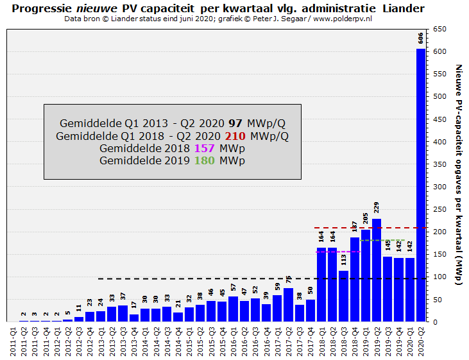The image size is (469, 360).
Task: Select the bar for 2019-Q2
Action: tap(377, 270)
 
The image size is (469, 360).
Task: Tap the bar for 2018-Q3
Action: tap(344, 295)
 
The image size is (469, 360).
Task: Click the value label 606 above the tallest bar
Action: tap(421, 37)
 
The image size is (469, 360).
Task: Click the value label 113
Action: tap(344, 260)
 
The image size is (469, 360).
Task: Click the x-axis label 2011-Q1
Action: tap(13, 340)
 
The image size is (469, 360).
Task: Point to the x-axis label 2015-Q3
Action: tap(211, 340)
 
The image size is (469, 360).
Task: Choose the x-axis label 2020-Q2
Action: tap(421, 340)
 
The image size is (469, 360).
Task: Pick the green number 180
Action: tap(204, 160)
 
